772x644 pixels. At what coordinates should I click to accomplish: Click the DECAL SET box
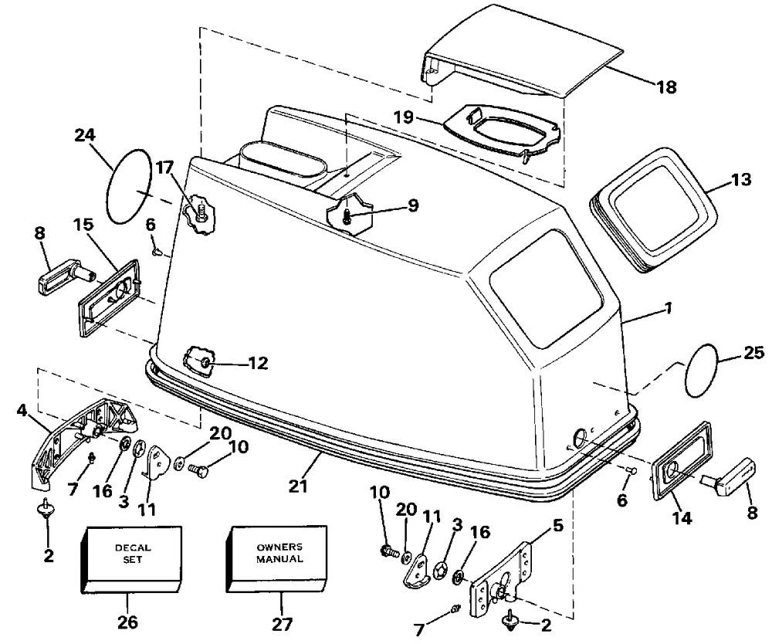pyautogui.click(x=130, y=559)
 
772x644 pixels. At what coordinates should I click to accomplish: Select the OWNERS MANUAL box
pyautogui.click(x=276, y=558)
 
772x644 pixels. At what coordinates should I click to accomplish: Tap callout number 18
pyautogui.click(x=666, y=87)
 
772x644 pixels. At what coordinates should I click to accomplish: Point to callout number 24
pyautogui.click(x=85, y=134)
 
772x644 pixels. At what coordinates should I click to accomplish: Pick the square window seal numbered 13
pyautogui.click(x=655, y=209)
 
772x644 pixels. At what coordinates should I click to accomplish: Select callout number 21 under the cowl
pyautogui.click(x=298, y=486)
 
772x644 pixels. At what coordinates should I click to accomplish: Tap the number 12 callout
pyautogui.click(x=258, y=364)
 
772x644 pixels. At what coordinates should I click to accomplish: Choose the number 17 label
pyautogui.click(x=164, y=168)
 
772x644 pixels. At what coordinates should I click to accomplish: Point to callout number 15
pyautogui.click(x=83, y=225)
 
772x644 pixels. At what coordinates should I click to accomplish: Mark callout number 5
pyautogui.click(x=557, y=527)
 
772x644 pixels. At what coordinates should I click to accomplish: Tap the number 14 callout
pyautogui.click(x=682, y=517)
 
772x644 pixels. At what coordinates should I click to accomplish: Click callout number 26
pyautogui.click(x=127, y=622)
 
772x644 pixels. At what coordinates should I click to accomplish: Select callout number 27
pyautogui.click(x=282, y=623)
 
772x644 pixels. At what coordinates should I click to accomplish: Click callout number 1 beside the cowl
pyautogui.click(x=668, y=308)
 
